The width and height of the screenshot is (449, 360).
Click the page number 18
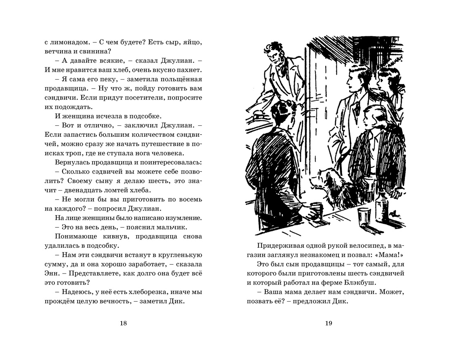(124, 324)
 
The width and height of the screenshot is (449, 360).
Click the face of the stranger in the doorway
(276, 61)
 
